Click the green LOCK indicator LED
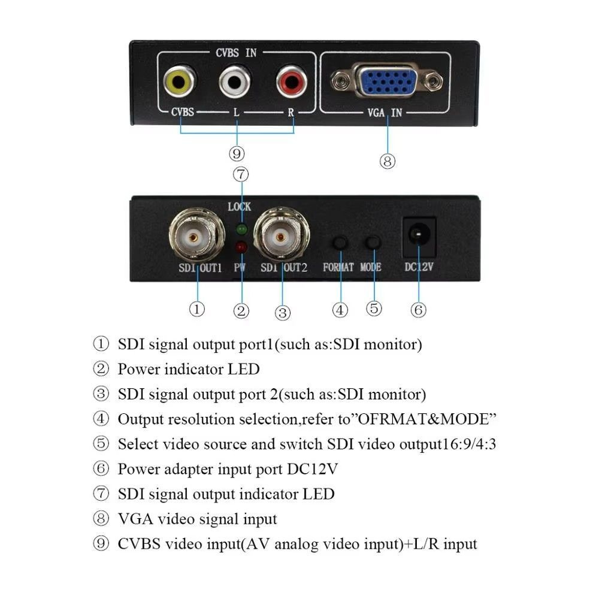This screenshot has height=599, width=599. click(241, 229)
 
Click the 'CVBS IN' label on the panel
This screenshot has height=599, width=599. click(236, 53)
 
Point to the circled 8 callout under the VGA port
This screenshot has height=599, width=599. click(388, 161)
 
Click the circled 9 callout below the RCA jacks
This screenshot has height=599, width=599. click(237, 154)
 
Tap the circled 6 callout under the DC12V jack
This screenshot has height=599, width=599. click(418, 310)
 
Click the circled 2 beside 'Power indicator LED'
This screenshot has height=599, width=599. click(101, 369)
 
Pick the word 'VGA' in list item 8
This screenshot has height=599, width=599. click(134, 519)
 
